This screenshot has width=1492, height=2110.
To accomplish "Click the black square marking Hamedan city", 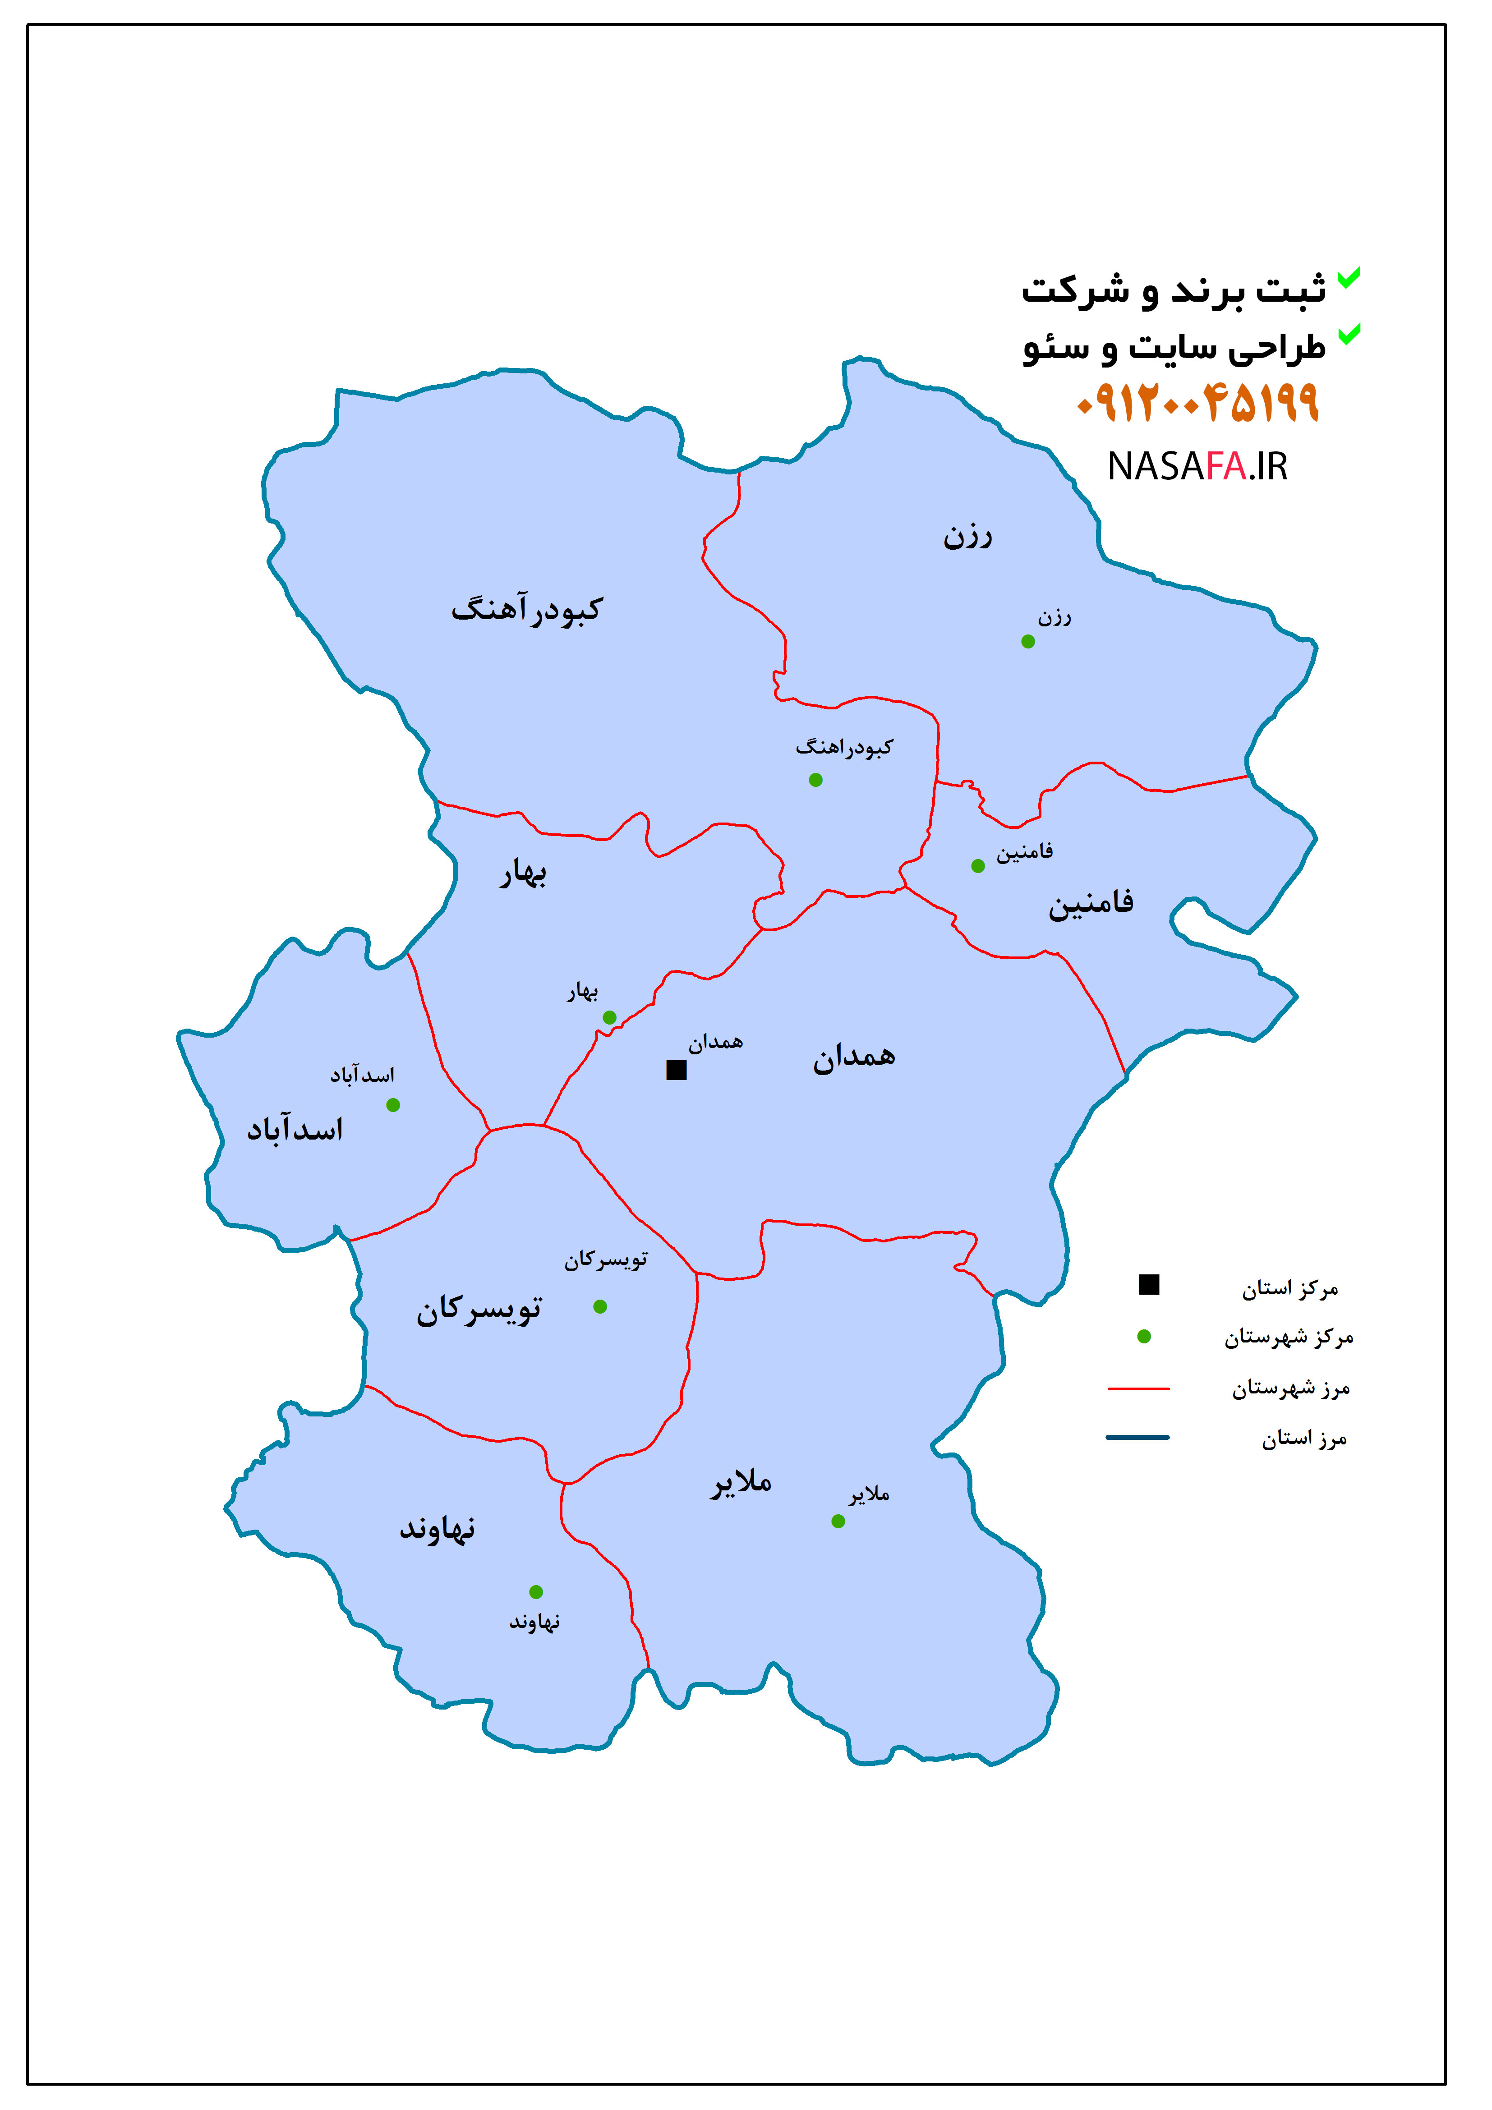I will click(677, 1070).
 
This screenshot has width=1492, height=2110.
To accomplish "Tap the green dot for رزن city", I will click(1028, 641).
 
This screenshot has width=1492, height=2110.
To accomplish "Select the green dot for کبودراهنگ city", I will click(815, 780).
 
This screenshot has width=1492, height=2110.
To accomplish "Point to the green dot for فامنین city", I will click(978, 866).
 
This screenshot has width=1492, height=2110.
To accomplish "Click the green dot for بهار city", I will click(609, 1017).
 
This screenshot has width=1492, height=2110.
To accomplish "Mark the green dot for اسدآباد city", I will click(393, 1105).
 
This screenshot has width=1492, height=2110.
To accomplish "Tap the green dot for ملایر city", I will click(838, 1521).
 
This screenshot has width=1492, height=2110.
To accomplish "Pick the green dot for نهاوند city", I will click(536, 1592).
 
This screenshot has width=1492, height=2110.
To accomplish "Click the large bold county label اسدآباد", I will click(295, 1130).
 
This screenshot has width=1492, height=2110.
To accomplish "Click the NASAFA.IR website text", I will click(1197, 467).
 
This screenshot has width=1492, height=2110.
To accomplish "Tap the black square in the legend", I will click(1149, 1285).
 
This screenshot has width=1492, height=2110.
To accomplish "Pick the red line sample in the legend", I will click(1138, 1388).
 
